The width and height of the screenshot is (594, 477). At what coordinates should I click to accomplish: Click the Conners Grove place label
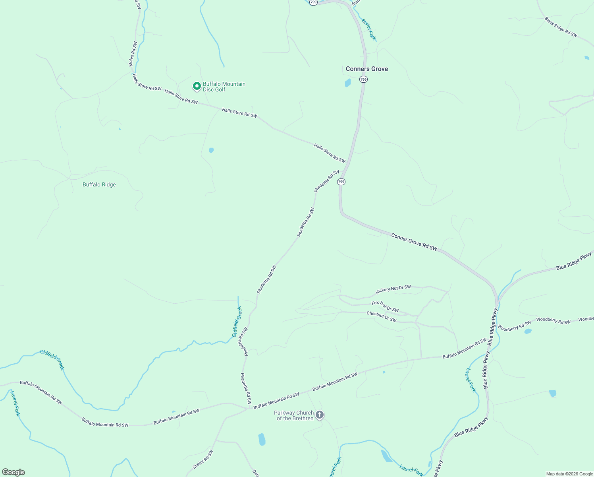click(x=366, y=69)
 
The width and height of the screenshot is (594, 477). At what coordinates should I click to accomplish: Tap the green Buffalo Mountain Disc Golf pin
click(x=197, y=86)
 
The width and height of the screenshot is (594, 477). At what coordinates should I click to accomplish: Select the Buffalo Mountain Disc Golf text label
click(x=224, y=87)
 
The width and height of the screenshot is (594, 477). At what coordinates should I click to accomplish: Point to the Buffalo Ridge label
click(x=99, y=184)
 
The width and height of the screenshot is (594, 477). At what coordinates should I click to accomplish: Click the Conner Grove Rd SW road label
click(x=414, y=242)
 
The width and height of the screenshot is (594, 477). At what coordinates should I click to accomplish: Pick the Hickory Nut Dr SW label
click(x=393, y=290)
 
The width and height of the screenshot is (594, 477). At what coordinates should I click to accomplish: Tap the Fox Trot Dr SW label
click(x=385, y=306)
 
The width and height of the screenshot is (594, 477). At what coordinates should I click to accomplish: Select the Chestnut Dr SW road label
click(x=381, y=316)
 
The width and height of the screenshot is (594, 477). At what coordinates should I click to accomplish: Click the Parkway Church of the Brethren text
click(x=294, y=415)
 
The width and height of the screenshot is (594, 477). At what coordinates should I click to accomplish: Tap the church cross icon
click(x=320, y=415)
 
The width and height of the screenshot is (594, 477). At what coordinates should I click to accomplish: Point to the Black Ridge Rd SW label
click(x=561, y=27)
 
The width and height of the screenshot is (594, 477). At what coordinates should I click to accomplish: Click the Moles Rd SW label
click(x=133, y=54)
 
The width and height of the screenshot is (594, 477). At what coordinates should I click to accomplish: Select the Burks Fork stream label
click(x=368, y=29)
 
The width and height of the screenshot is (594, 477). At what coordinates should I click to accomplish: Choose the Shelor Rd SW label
click(x=203, y=459)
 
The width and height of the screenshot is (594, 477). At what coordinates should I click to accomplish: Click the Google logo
click(x=13, y=472)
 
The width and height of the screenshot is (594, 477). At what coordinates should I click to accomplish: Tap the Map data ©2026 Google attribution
click(x=569, y=474)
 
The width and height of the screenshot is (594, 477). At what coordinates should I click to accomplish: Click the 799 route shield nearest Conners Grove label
click(x=363, y=79)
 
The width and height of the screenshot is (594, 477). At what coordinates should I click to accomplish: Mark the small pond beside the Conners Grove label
click(x=348, y=83)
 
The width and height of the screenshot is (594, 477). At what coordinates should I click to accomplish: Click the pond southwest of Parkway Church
click(x=262, y=439)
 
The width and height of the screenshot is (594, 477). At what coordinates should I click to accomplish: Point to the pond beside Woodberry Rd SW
click(x=528, y=331)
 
